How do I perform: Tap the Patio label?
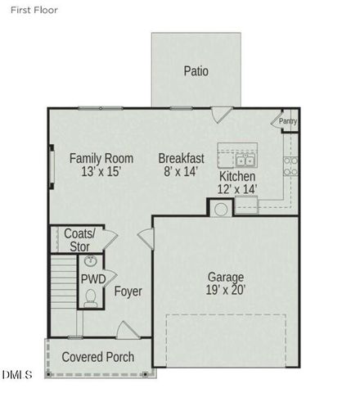point(196,71)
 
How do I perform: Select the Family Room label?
point(101,158)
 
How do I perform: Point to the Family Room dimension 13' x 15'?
point(101,172)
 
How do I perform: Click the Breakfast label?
point(181,158)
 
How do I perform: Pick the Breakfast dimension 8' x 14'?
point(181,172)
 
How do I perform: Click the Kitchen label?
point(237,177)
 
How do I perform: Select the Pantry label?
point(288,122)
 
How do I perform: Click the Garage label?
point(226,277)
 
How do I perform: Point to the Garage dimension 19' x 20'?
point(226,290)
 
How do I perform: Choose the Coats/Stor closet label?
point(79,239)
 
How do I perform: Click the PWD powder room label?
point(92,279)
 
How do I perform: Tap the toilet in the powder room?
point(91,297)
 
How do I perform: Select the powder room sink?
point(91,261)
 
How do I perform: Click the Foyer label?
point(128,291)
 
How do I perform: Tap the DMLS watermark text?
point(17,375)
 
